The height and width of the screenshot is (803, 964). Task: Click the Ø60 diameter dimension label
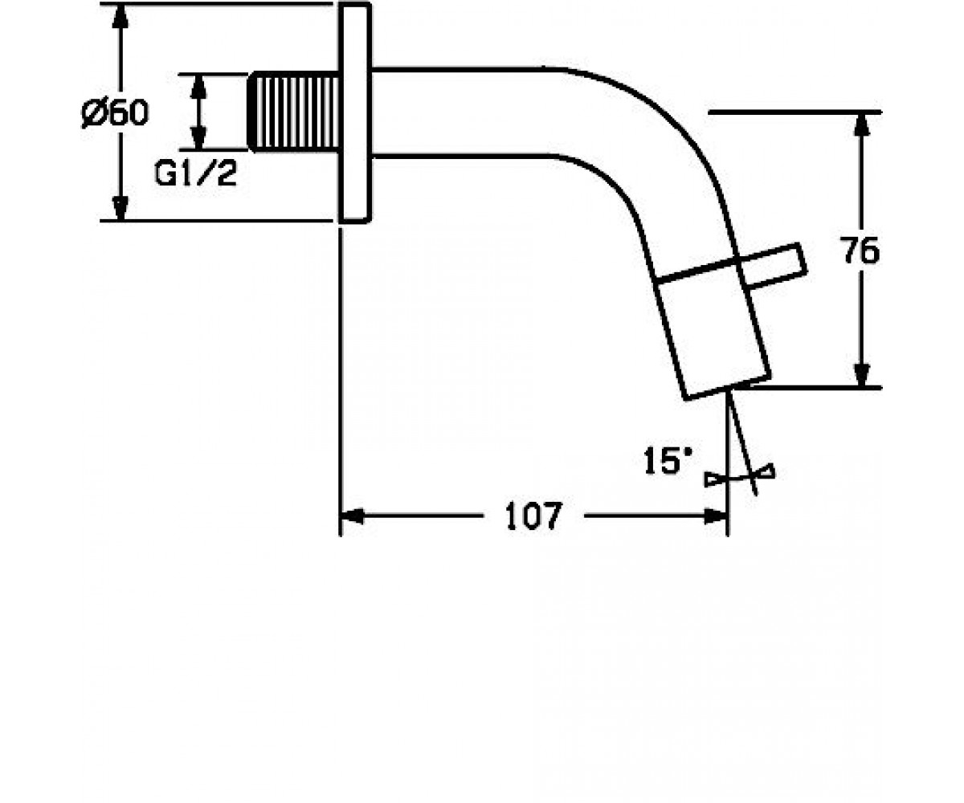(116, 112)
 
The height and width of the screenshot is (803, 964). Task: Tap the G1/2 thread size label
(196, 174)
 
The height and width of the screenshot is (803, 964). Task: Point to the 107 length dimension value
(534, 516)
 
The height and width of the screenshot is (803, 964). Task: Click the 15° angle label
(668, 461)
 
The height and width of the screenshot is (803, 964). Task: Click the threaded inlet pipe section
(294, 112)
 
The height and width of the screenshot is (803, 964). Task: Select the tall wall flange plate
(354, 113)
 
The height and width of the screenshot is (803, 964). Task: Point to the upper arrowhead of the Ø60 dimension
(120, 18)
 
